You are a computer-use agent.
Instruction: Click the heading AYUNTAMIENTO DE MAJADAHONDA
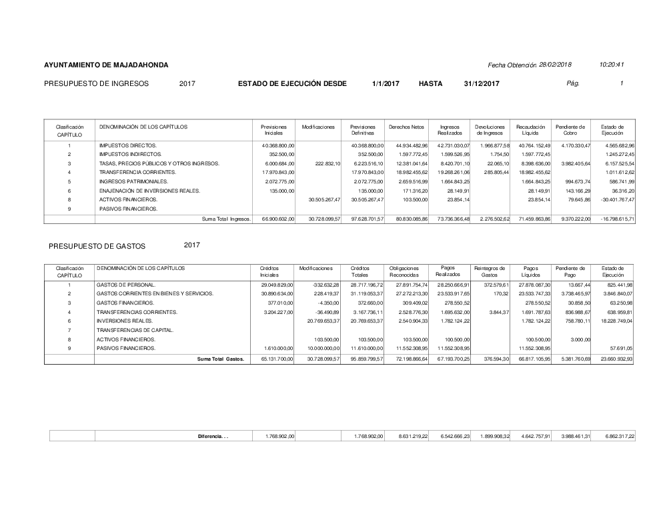coord(106,65)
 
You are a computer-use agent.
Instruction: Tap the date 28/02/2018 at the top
coord(555,64)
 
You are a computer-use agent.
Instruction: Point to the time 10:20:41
coord(611,64)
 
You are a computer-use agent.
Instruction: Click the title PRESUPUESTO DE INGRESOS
coord(96,83)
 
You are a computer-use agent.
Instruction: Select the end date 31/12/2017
coord(481,83)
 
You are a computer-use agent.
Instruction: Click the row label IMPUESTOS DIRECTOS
coord(128,145)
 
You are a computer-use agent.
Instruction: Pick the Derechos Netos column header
coord(406,127)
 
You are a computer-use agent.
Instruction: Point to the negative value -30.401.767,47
coord(617,199)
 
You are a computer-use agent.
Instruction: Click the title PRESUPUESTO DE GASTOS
coord(97,246)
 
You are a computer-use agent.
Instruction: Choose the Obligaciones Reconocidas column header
coord(405,271)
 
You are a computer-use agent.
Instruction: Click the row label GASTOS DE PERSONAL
coord(125,285)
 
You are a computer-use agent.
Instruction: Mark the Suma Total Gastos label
coord(221,359)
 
